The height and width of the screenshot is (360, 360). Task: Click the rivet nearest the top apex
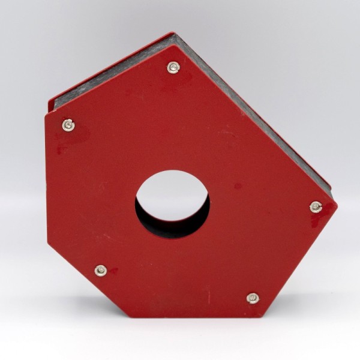point(173,67)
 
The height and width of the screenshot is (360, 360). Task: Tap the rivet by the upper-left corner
point(68,125)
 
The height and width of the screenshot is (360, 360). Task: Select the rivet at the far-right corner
point(316,207)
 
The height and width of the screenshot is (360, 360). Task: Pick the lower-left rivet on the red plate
point(101,271)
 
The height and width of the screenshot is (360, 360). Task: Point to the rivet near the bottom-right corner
point(253,298)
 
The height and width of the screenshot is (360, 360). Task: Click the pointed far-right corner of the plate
point(337,204)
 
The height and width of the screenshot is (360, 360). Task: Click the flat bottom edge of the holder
point(198,317)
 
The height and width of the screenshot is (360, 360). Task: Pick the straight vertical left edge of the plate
point(47,180)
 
